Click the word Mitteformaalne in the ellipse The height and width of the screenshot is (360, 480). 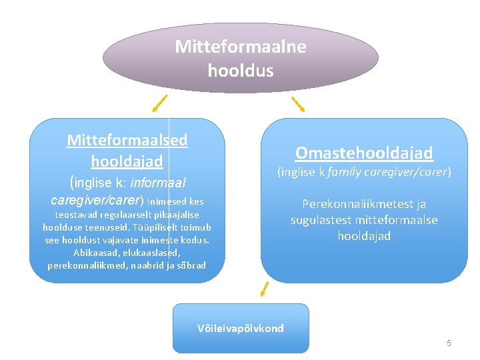(240, 47)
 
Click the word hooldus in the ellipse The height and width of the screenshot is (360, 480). (240, 70)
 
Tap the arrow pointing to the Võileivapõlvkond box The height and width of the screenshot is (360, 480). (265, 289)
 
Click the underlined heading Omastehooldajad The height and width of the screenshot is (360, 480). (364, 153)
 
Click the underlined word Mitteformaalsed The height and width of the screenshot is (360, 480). (127, 140)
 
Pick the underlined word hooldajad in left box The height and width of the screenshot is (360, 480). (127, 161)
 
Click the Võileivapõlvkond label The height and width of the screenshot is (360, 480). (241, 328)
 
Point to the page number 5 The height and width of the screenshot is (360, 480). (449, 343)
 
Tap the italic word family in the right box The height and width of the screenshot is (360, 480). (344, 172)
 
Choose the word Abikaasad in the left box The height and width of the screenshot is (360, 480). (93, 253)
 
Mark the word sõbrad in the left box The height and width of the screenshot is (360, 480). (191, 265)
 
